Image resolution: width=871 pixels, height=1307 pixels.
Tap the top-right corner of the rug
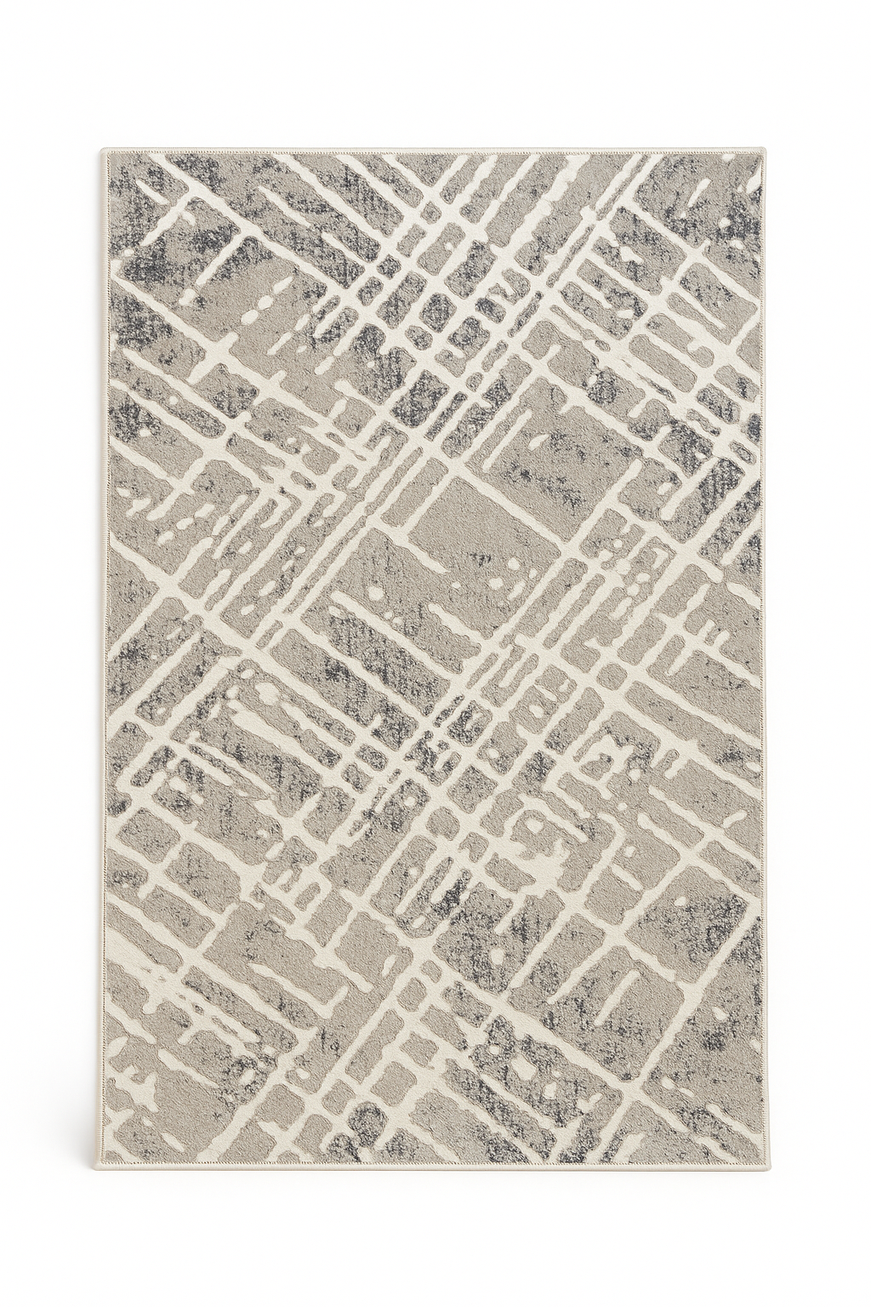(x=766, y=154)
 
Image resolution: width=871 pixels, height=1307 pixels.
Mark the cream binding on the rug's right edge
(x=765, y=655)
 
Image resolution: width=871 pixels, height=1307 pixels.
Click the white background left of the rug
(x=51, y=655)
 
